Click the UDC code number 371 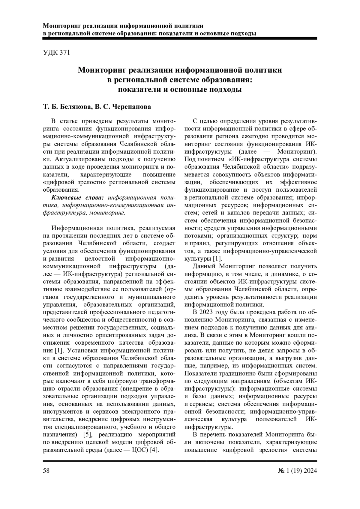tap(65, 53)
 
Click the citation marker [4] tap(154, 450)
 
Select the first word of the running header tap(61, 26)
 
